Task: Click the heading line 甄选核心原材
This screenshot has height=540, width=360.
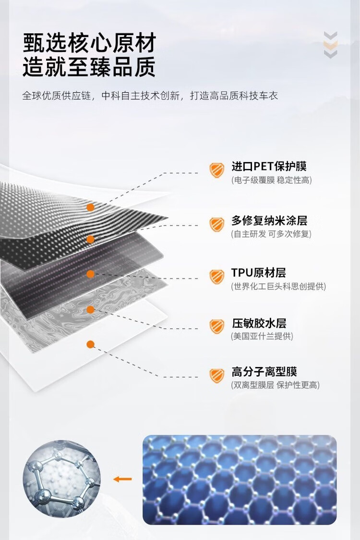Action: click(89, 43)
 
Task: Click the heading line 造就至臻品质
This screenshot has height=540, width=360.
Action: click(89, 68)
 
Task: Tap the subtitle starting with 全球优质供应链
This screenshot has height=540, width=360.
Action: click(150, 96)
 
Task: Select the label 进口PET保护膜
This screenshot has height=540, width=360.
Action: click(269, 167)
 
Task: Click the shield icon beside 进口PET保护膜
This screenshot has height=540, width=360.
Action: click(217, 170)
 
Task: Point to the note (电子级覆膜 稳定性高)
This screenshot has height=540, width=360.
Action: click(271, 180)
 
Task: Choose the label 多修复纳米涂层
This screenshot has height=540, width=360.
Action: click(269, 221)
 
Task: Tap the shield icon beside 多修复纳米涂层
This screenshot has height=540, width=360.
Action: click(217, 224)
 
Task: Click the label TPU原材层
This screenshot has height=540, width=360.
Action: click(258, 273)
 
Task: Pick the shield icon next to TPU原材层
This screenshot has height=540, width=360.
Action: click(217, 277)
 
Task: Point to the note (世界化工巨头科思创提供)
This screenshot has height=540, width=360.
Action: click(278, 286)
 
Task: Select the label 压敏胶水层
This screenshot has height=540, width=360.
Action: click(259, 323)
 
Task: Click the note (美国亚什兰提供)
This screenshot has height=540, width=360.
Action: click(262, 336)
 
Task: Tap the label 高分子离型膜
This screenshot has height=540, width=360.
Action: click(264, 371)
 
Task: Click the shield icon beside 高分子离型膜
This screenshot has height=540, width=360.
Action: click(217, 375)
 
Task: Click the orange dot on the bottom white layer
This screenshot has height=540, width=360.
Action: click(90, 344)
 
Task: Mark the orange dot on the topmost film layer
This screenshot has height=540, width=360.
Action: click(90, 207)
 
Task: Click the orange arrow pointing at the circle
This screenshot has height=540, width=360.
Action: click(122, 479)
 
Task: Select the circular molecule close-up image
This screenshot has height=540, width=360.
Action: click(61, 479)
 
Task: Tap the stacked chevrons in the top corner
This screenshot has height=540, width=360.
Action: click(330, 45)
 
